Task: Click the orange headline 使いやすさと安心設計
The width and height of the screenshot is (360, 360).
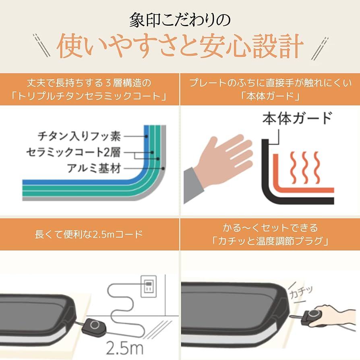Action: tap(180, 47)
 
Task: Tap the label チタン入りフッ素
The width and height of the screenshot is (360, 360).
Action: tap(79, 137)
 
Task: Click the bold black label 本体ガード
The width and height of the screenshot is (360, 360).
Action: tap(297, 119)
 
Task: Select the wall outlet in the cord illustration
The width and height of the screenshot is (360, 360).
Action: tap(148, 286)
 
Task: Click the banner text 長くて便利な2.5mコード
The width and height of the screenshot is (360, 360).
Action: tap(89, 234)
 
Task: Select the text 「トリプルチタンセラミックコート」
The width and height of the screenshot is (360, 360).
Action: tap(89, 97)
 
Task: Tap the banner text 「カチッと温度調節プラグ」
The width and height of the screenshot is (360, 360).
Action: tap(269, 242)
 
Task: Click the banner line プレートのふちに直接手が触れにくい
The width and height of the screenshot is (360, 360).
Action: tap(269, 83)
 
